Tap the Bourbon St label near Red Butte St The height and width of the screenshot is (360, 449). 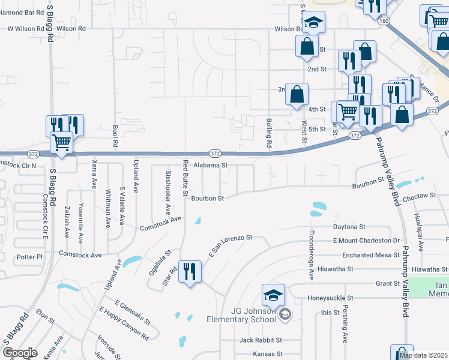[x=207, y=198]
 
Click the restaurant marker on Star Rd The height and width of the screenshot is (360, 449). [x=190, y=272]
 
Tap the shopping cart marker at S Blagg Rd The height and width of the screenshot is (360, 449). [x=61, y=143]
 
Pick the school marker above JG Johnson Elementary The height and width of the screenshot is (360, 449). [x=273, y=295]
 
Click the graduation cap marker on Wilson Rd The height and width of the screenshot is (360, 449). [x=313, y=23]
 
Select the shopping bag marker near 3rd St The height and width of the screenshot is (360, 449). [x=297, y=94]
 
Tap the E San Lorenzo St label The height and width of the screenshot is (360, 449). [x=230, y=247]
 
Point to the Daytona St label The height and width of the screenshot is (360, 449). [x=349, y=227]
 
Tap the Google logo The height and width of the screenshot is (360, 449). [x=20, y=353]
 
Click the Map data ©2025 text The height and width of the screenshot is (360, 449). [x=423, y=355]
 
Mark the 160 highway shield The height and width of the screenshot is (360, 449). [x=382, y=20]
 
